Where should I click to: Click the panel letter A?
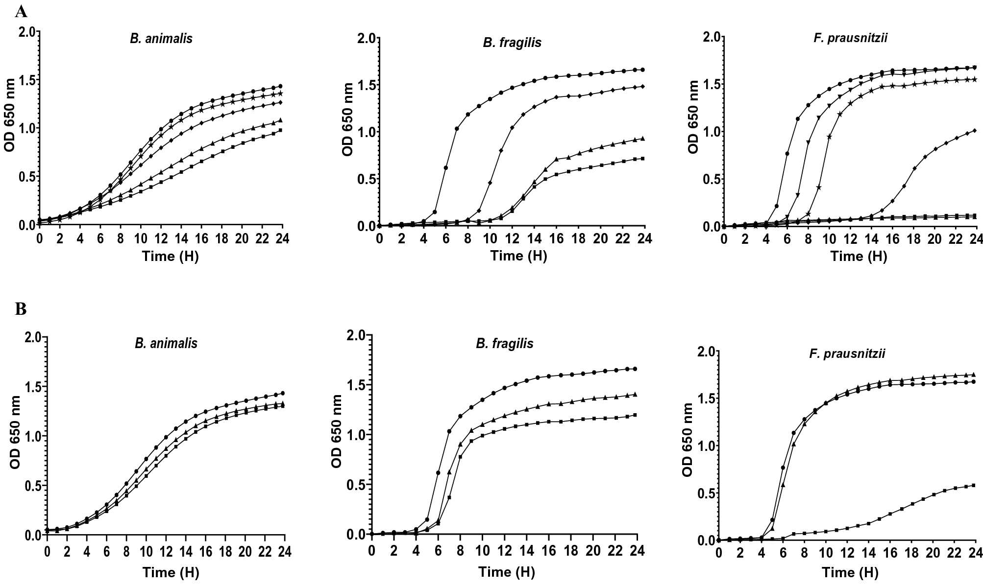point(21,11)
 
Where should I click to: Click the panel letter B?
point(21,309)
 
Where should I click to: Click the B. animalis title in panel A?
point(161,39)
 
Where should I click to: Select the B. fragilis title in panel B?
point(505,344)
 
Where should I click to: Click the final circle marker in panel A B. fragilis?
point(642,70)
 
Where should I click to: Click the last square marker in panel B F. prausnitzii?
point(973,485)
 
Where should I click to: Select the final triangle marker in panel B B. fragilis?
point(635,394)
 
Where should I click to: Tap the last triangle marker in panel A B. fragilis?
point(642,139)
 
